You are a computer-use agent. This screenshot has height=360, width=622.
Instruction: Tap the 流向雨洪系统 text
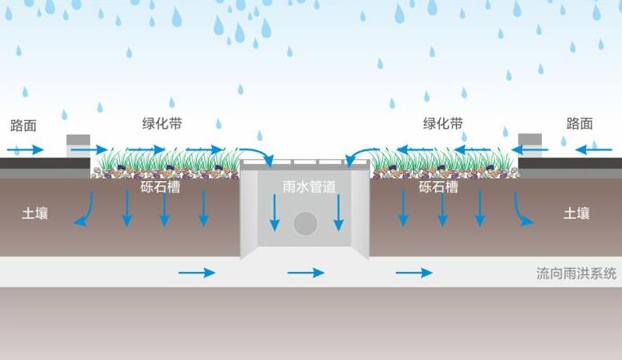point(571,273)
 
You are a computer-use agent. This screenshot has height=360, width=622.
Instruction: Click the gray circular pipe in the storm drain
point(306,223)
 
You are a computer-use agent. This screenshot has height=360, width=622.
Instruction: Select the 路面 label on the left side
point(23,125)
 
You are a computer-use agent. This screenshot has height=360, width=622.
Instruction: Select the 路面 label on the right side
point(580,123)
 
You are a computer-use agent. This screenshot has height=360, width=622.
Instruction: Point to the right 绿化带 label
point(442,123)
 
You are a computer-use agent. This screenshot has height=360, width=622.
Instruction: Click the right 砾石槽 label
point(438,187)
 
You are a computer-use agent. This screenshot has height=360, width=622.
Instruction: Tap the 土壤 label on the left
point(34,214)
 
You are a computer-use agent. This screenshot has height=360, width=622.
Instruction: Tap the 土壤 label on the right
point(576,214)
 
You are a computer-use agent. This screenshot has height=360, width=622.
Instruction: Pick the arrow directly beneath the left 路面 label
point(26,149)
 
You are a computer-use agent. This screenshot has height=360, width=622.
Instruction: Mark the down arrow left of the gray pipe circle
point(274,214)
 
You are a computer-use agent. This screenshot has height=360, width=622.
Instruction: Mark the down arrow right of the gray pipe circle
point(338,214)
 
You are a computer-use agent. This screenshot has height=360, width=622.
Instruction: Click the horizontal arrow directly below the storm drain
point(306,273)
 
